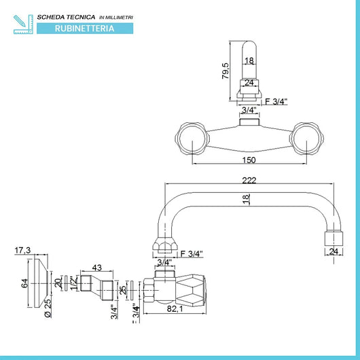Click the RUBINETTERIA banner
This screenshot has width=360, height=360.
pos(85,29)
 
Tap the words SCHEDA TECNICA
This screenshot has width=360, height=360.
pos(66,17)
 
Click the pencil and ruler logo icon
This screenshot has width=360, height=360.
pos(23,24)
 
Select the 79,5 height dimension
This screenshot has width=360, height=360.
pos(226,71)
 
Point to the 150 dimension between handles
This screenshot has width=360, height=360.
pos(249,160)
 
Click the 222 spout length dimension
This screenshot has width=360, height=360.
pos(249,181)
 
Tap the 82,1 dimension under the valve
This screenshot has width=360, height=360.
pos(175,309)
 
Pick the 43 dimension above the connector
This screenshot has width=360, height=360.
pos(96,268)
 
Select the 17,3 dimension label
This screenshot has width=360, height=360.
pos(22,250)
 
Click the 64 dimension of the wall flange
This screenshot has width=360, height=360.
pos(24,283)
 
